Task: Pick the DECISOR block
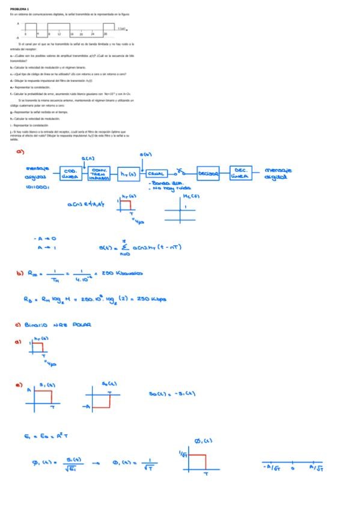pos(209,173)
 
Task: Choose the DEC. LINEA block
pos(243,173)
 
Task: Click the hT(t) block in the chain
pos(127,174)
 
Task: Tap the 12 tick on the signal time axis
pos(59,35)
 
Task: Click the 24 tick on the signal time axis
pos(93,35)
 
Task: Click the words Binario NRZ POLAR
pos(58,325)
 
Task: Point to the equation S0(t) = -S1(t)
pos(171,395)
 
